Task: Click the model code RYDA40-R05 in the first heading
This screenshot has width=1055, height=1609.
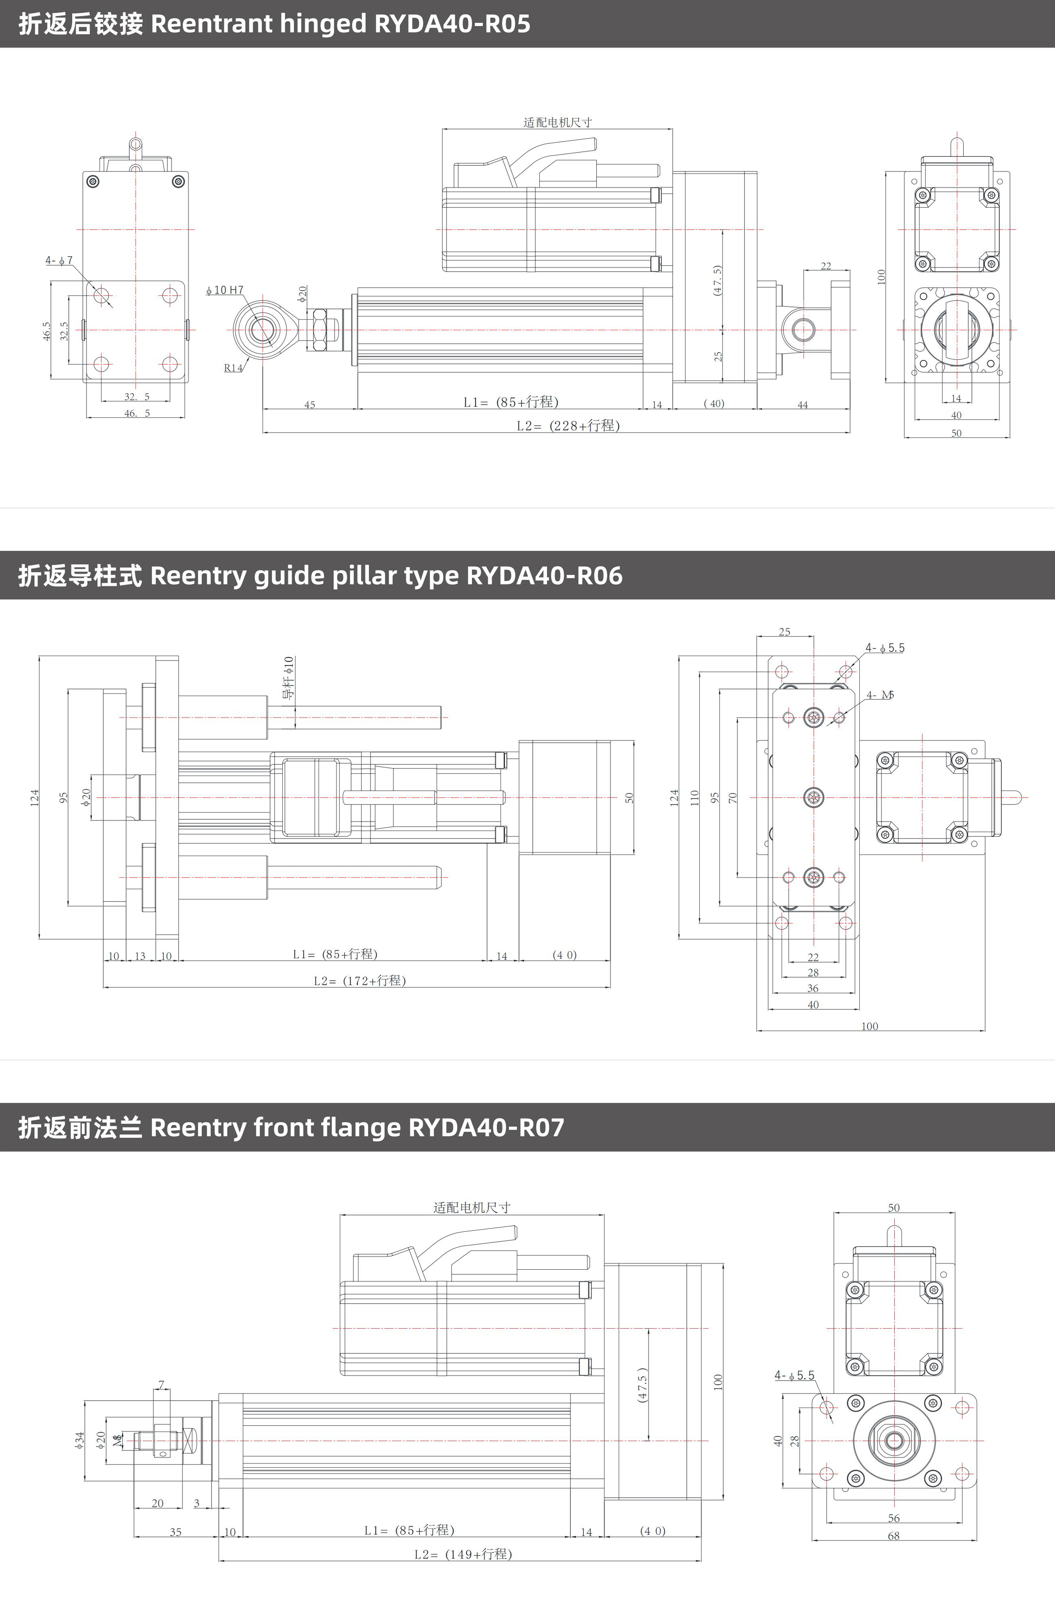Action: coord(452,24)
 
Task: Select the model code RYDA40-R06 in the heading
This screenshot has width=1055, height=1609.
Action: coord(544,576)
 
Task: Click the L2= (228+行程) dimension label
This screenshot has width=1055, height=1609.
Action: coord(568,425)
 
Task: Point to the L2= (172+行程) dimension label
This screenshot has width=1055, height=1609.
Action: coord(360,980)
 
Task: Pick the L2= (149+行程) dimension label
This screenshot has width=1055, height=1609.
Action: coord(463,1554)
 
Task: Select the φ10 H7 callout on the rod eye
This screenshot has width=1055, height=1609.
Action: coord(225,290)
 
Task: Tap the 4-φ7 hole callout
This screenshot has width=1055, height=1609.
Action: coord(59,260)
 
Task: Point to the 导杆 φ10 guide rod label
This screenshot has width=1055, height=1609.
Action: coord(289,677)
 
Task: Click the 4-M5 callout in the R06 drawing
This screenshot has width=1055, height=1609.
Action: coord(880,695)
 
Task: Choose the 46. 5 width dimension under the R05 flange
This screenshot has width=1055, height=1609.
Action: coord(137,413)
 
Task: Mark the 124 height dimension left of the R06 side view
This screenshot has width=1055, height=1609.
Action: coord(34,797)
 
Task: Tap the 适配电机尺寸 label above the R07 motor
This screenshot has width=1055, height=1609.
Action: coord(472,1208)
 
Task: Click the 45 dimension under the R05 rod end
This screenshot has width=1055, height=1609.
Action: coord(310,405)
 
